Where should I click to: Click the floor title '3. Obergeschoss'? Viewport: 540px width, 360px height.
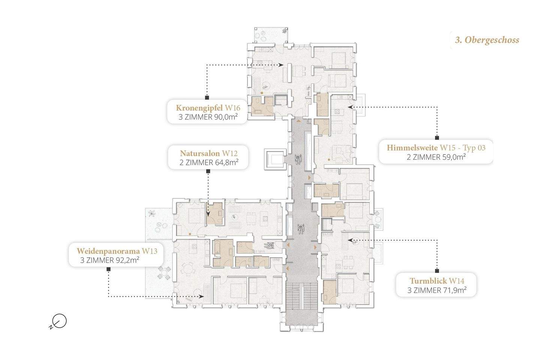tap(487, 40)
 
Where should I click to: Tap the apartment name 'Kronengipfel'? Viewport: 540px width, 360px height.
tap(199, 108)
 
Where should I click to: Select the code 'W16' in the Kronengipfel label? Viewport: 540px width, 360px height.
tap(232, 108)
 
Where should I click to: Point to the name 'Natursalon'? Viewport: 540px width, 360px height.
tap(200, 153)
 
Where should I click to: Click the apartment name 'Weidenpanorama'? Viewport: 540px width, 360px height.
tap(108, 251)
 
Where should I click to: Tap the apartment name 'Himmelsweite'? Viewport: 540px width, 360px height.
tap(412, 148)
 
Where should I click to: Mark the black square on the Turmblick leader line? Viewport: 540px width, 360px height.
tap(437, 271)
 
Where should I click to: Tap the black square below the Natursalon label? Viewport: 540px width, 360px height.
tap(208, 171)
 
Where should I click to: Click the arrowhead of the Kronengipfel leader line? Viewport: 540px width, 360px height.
tap(281, 64)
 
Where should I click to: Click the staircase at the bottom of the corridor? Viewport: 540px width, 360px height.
tap(301, 296)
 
